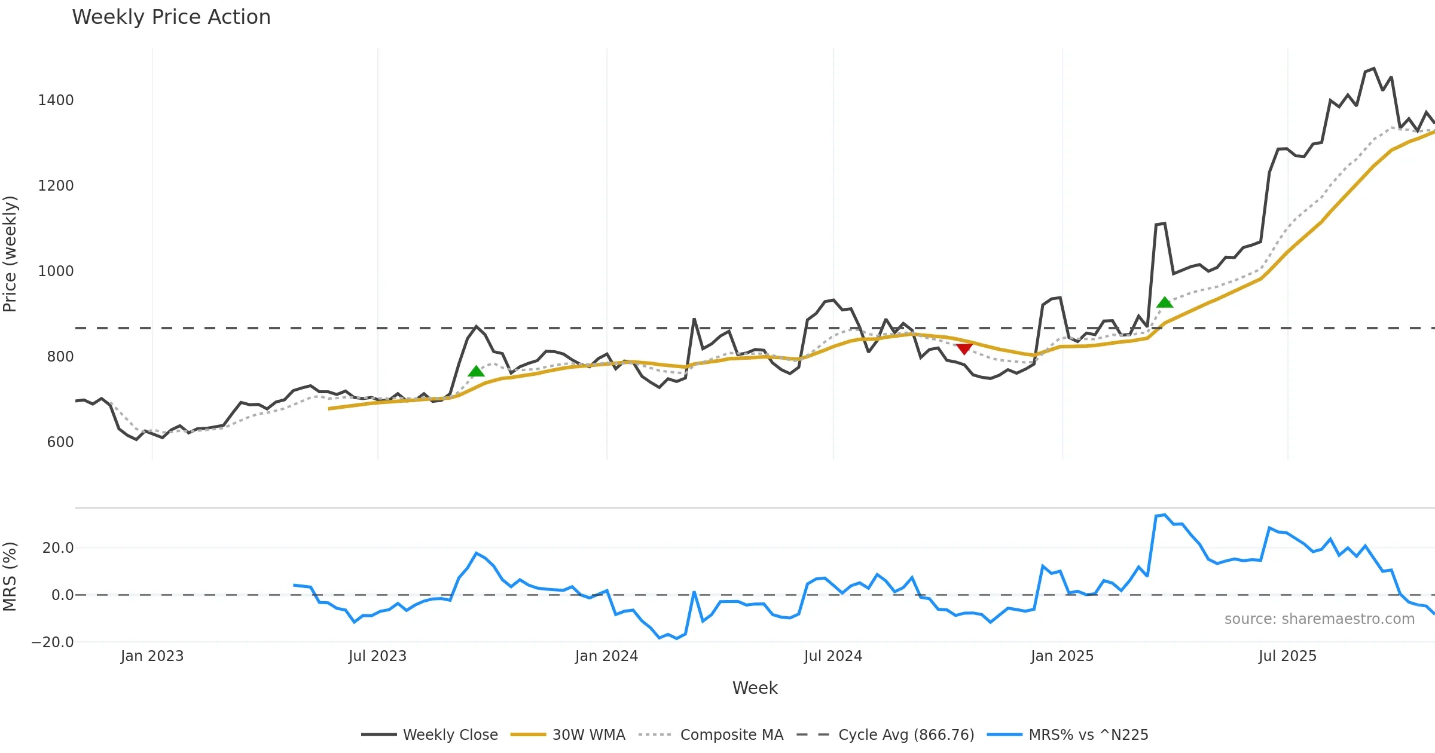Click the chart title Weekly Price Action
click(171, 17)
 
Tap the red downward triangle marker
click(964, 348)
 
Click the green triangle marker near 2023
click(476, 372)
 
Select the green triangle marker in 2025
click(1164, 302)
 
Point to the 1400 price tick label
click(56, 100)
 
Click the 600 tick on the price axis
click(60, 442)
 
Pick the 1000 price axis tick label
click(56, 271)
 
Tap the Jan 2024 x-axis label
click(606, 656)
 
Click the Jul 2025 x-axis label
click(1287, 656)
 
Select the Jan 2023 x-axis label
click(152, 656)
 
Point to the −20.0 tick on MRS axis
click(53, 642)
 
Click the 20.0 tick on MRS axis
click(58, 548)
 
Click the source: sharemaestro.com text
click(1319, 619)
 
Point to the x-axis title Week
click(755, 688)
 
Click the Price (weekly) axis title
click(10, 254)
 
